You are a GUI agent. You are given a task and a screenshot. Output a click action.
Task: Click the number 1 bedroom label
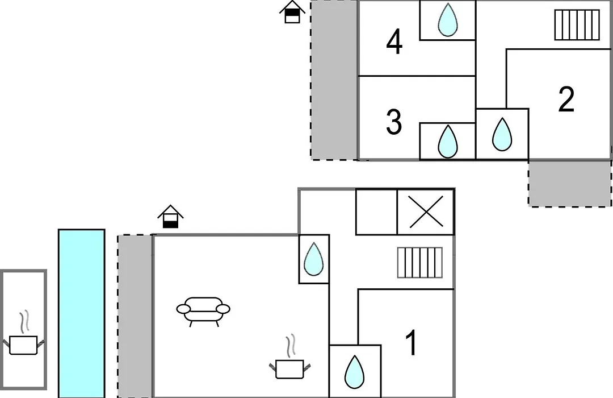point(411,343)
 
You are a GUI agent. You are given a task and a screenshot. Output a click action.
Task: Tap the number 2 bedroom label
point(566,99)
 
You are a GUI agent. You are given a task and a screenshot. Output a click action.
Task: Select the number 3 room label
point(394,122)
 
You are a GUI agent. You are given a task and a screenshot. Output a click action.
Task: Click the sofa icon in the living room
point(203,311)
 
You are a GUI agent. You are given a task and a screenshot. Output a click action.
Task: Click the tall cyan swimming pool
point(82,313)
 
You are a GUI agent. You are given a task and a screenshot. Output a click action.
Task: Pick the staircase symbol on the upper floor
point(577,25)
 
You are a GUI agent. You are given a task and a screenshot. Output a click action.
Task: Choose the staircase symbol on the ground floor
point(420,263)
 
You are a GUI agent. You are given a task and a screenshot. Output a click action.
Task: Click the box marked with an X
point(426,212)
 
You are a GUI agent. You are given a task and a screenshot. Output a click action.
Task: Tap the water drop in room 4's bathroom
point(448,20)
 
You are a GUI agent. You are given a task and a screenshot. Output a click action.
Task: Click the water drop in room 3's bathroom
point(448,142)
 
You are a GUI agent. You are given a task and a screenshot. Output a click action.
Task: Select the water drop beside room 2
point(502,134)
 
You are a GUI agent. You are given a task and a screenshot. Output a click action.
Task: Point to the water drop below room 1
point(355,372)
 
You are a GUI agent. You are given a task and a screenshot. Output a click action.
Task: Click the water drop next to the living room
point(313,259)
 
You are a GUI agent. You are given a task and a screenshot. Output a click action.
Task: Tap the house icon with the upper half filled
point(292,12)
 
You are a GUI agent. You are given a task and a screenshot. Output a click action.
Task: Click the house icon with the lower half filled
point(170,216)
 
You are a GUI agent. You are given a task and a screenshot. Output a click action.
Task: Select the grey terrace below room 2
point(570,183)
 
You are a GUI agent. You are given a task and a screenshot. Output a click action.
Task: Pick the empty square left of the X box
point(376,212)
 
